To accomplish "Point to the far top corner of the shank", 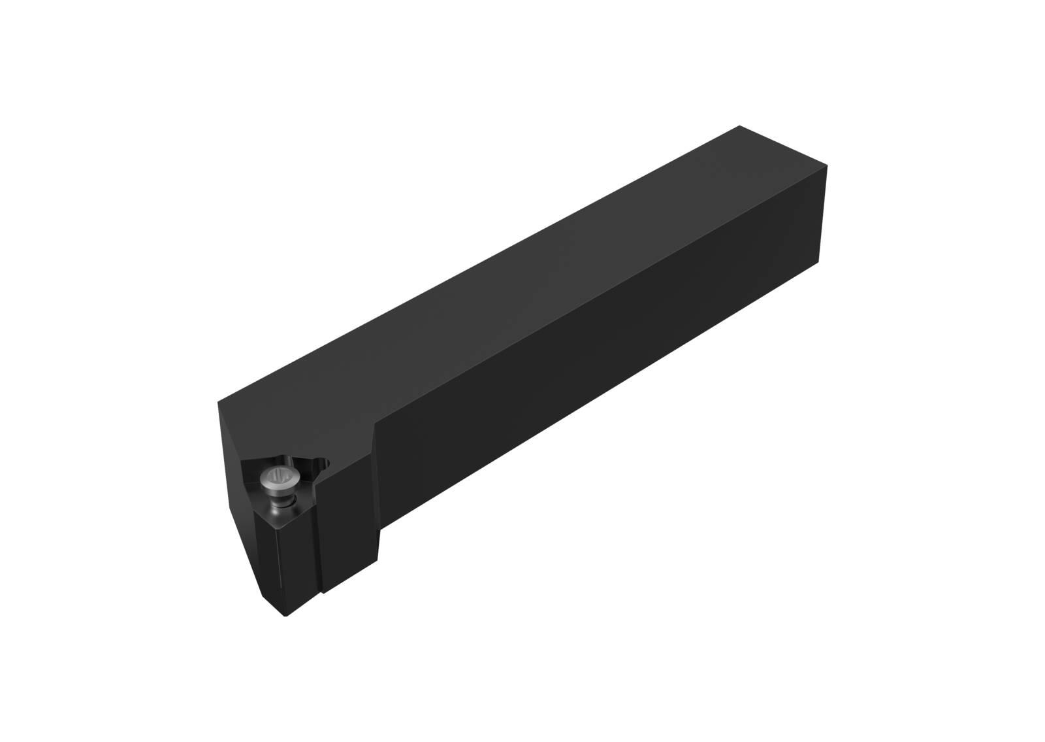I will click(739, 126).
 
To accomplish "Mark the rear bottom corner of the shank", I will click(819, 260).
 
